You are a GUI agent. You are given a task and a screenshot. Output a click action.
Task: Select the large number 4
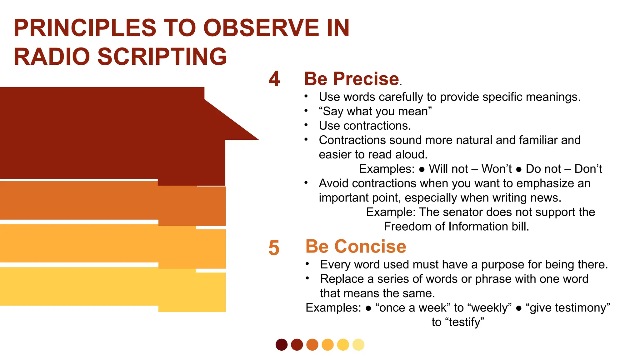[274, 79]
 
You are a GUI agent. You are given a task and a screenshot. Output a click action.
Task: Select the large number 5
[274, 248]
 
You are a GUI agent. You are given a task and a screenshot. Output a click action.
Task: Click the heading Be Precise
[352, 79]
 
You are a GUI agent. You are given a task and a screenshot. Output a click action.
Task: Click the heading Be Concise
[356, 247]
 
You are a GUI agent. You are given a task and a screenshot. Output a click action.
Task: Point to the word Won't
[496, 169]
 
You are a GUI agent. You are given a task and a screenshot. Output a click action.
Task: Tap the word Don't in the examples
[588, 169]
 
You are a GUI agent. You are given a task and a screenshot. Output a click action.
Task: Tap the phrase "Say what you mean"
[375, 112]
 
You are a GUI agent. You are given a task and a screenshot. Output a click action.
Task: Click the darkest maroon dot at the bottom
[282, 345]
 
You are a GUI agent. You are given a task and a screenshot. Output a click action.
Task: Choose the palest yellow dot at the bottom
[358, 345]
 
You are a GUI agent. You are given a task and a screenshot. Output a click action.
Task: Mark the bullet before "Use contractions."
[306, 125]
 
